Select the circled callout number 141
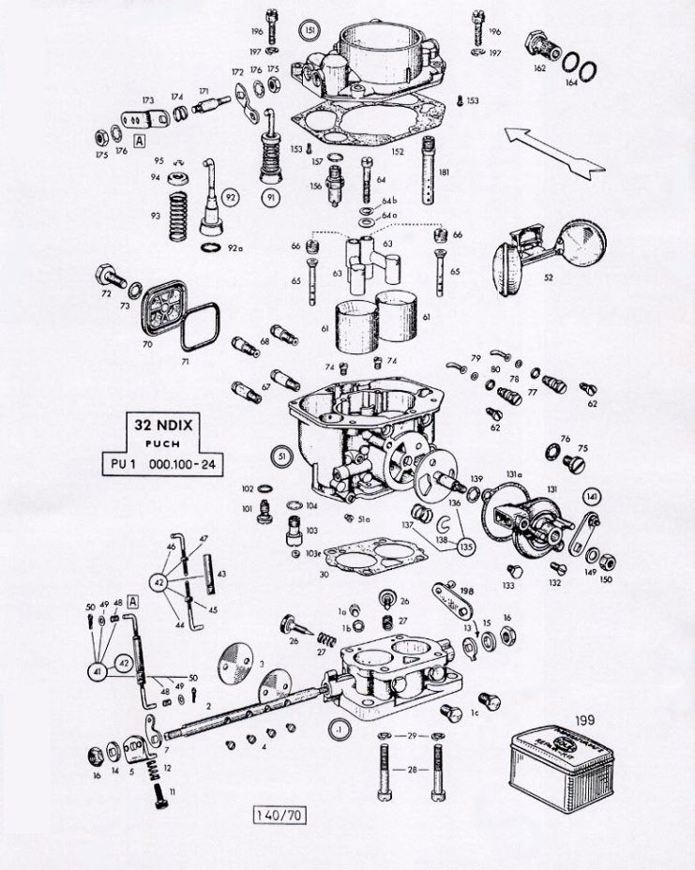tap(591, 495)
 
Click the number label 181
tap(444, 172)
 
